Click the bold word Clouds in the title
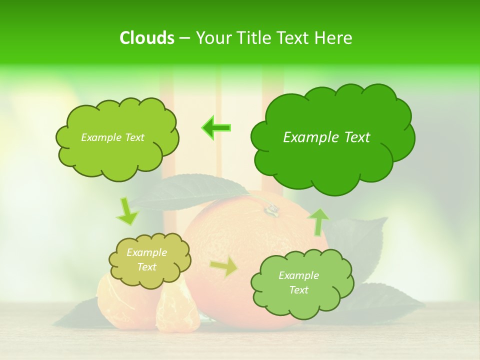[x=146, y=38]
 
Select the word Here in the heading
[x=333, y=38]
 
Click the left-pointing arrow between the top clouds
[x=216, y=128]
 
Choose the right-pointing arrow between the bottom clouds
[x=224, y=267]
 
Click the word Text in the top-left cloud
[x=134, y=137]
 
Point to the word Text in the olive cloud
[x=147, y=267]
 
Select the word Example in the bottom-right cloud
[x=298, y=275]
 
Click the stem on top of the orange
[x=271, y=209]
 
